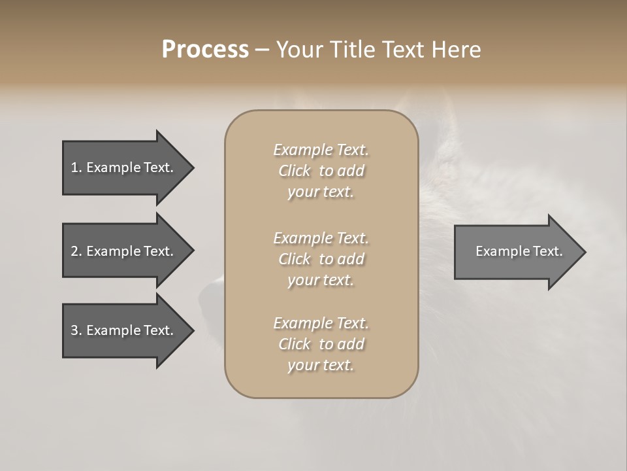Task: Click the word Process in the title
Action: pos(205,50)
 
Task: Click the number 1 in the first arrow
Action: pos(74,167)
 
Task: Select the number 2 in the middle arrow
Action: pos(74,251)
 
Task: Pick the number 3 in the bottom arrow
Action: pos(74,330)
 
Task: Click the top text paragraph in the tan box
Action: pos(321,171)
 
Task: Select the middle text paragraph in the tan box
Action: pos(321,259)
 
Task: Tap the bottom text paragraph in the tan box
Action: pos(321,344)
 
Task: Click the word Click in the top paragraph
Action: pos(295,171)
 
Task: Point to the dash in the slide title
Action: pos(262,50)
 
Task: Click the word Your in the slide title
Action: pos(298,50)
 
